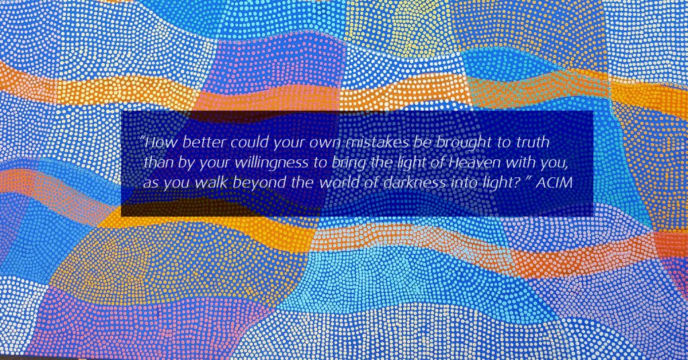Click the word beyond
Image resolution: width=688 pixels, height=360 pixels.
click(259, 183)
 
